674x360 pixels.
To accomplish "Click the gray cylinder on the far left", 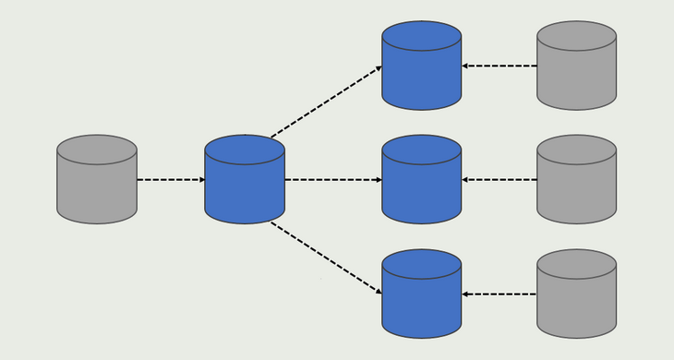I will (97, 182).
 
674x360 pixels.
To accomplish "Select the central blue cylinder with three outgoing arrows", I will (245, 182).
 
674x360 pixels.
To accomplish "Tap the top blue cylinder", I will (422, 69).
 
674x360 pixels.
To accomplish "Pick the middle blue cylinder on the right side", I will (422, 182).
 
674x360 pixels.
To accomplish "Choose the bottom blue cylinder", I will (422, 296).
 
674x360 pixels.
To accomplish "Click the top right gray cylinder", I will (576, 69).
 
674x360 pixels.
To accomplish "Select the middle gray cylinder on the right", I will (576, 182).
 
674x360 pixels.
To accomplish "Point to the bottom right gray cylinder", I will (576, 296).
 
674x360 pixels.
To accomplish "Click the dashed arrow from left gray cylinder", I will (171, 179).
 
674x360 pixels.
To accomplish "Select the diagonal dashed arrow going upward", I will (325, 101).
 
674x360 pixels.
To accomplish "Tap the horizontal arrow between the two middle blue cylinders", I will (332, 179).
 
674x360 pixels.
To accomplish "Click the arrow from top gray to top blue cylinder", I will (499, 66).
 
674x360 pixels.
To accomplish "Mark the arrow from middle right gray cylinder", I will (499, 179).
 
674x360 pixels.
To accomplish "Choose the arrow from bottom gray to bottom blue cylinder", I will (499, 294).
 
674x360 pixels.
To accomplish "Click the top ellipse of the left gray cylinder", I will (97, 150).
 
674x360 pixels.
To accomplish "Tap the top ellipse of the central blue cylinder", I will (245, 150).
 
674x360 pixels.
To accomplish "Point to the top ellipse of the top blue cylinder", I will (422, 36).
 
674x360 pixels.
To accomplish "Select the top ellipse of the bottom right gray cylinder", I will (576, 264).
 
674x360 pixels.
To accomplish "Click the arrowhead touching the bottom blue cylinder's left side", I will (378, 291).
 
